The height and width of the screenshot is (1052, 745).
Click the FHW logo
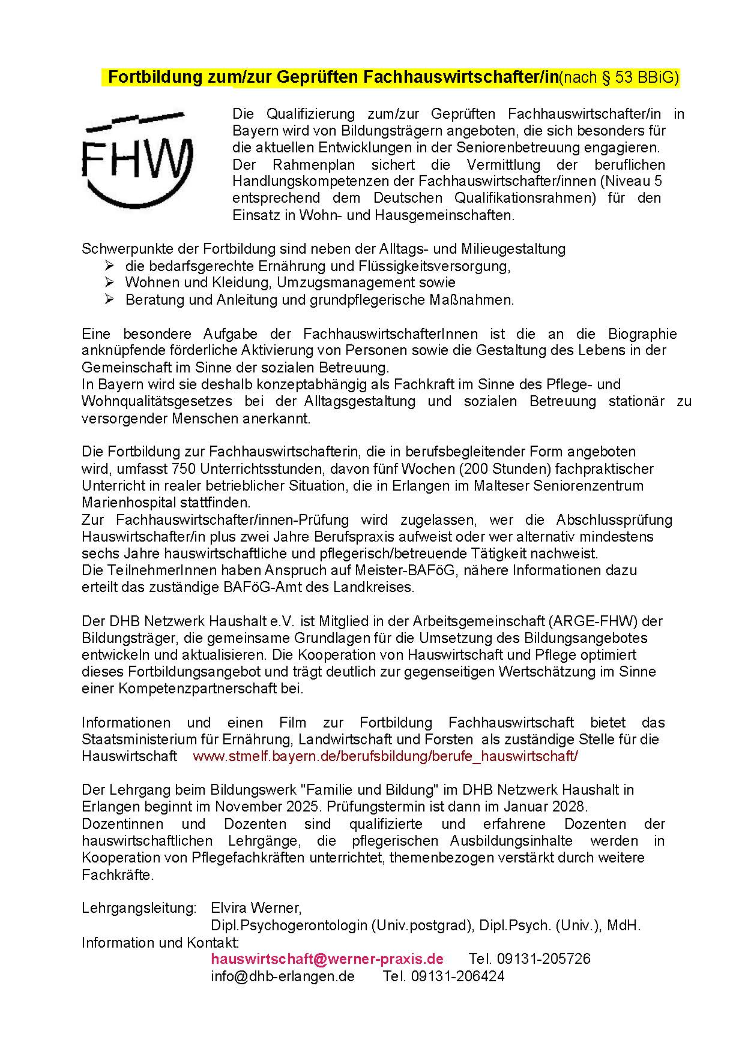coord(137,159)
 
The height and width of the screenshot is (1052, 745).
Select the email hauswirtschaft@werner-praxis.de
coord(327,958)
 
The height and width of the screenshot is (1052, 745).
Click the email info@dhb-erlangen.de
coord(283,976)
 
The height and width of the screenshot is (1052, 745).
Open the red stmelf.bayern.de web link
coord(385,756)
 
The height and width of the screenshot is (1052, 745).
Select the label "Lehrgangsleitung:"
coord(139,907)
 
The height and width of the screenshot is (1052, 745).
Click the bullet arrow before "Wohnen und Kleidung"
coord(109,282)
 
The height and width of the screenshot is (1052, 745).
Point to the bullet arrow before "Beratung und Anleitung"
coord(109,299)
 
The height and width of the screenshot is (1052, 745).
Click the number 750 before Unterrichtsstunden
coord(183,468)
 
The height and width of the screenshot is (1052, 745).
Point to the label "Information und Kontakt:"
coord(160,942)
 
